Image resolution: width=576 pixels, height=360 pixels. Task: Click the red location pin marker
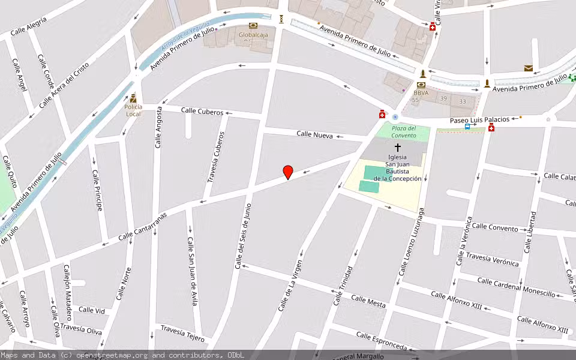[288, 172]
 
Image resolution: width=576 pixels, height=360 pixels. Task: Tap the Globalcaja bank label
[253, 35]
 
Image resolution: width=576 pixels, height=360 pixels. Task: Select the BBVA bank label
[421, 93]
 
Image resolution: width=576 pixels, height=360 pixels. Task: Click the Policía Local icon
[133, 99]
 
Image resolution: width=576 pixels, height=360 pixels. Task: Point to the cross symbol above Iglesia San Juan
[397, 147]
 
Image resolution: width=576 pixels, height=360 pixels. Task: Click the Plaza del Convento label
[404, 132]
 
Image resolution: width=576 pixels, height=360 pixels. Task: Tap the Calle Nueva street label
[314, 135]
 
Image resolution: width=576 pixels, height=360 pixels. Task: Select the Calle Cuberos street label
[202, 112]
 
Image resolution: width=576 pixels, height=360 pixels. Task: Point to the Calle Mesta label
[368, 301]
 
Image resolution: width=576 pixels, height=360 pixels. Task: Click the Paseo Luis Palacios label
[479, 120]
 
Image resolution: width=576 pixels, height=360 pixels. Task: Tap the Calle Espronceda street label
[381, 341]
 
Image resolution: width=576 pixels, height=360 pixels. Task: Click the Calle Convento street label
[494, 228]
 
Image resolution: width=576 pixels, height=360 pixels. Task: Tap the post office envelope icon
[528, 68]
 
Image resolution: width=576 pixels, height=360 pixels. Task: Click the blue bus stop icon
[467, 127]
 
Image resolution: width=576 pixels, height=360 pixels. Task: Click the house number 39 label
[443, 98]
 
